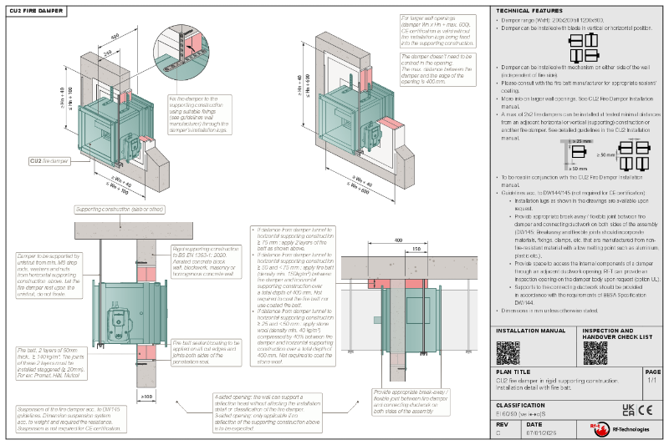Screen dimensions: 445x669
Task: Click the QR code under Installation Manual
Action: tap(507, 352)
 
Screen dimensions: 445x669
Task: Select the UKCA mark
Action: tap(628, 410)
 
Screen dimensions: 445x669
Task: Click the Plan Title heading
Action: tap(513, 372)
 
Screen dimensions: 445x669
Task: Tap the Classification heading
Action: tap(521, 403)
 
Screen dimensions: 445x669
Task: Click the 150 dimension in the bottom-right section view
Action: tap(416, 248)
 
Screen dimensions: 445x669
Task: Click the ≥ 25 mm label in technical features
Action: tap(582, 141)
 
